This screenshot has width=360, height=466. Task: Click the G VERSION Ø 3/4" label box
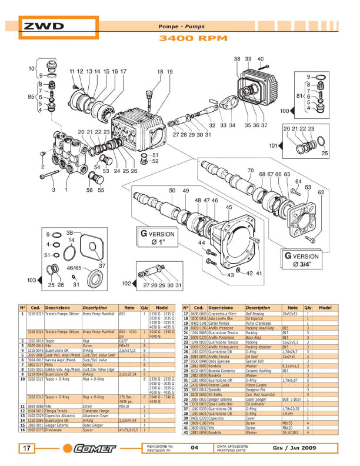click(x=304, y=259)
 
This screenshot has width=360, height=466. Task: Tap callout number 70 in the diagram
click(x=249, y=171)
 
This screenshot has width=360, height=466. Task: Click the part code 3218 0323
click(x=36, y=315)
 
